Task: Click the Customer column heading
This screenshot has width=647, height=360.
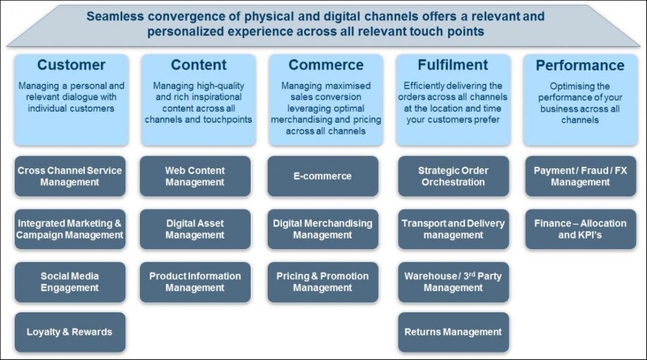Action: pos(71,65)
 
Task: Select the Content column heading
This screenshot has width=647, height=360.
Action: pos(199,65)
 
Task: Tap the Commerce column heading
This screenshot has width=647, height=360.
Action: pos(326,65)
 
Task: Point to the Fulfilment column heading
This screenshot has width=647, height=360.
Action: pos(453,65)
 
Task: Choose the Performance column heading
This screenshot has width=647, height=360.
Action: pos(580,66)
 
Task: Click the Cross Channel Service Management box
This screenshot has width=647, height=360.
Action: pos(70,176)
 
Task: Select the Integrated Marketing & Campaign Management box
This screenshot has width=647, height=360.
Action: pos(70,229)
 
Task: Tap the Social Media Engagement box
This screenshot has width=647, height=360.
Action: pos(70,282)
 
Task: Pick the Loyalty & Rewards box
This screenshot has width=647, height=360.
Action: pos(70,332)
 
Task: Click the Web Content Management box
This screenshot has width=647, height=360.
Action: pos(195,176)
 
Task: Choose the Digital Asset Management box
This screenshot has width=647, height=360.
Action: pos(195,229)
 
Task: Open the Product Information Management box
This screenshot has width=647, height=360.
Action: pos(195,282)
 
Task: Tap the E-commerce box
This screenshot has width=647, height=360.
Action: pos(323,176)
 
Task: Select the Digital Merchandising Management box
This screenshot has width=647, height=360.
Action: pos(323,229)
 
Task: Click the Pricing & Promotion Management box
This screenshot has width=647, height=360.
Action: pos(323,282)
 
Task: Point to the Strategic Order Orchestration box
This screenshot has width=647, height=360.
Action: pos(454,176)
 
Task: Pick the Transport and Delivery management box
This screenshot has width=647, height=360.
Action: pos(454,229)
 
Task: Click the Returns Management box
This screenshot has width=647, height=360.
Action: pos(454,332)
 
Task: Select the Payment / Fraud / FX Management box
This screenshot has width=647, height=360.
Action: pos(581,176)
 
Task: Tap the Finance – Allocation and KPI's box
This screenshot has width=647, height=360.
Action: pos(581,229)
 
